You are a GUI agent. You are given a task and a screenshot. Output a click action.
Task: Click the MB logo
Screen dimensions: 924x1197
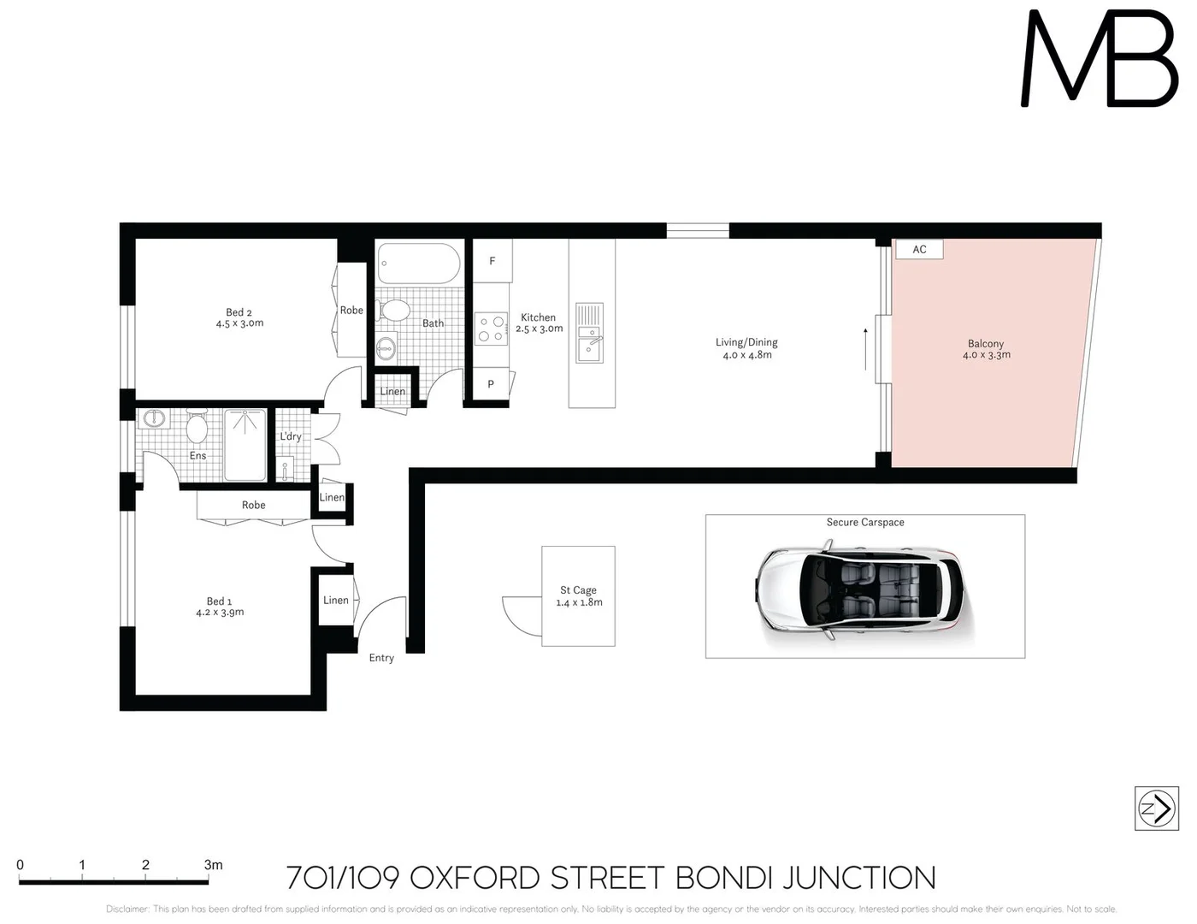tap(1100, 60)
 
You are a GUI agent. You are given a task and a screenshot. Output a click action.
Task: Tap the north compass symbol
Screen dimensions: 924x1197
tap(1156, 808)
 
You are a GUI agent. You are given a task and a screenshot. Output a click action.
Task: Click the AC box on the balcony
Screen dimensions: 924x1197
tap(919, 249)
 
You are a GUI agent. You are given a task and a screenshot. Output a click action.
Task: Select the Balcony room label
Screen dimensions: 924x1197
tap(986, 344)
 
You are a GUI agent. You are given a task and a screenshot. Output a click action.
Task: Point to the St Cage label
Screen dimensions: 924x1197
tap(578, 590)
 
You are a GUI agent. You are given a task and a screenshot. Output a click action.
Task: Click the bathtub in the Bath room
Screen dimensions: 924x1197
tap(419, 264)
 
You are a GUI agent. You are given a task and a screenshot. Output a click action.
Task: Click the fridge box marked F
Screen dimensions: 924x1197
tap(492, 261)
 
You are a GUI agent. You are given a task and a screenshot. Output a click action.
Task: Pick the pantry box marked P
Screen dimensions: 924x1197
tap(491, 384)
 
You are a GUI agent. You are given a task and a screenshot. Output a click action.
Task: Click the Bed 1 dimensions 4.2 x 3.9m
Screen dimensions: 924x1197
tap(220, 613)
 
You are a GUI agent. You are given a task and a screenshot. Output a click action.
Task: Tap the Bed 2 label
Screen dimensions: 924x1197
tap(239, 312)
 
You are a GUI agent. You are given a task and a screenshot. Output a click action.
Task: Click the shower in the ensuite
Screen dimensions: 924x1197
tap(245, 444)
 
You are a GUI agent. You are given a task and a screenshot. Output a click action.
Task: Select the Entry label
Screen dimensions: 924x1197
tap(381, 658)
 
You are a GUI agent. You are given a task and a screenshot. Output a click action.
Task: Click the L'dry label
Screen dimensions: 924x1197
tap(291, 436)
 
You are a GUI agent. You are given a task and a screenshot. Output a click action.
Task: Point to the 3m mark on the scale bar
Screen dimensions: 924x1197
tap(213, 866)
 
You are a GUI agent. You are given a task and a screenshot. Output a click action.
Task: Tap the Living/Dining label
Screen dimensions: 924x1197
tap(746, 342)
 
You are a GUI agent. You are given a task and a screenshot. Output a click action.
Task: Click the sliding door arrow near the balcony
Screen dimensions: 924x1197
tap(865, 349)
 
